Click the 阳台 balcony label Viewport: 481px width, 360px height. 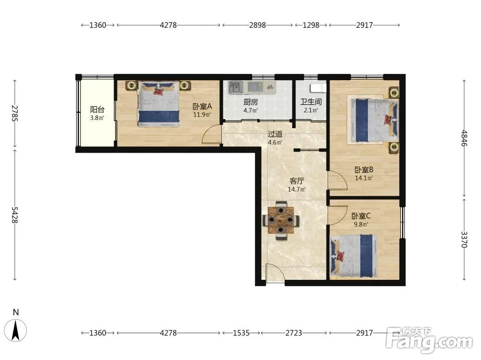[97, 109]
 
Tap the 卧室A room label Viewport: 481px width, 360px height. [202, 106]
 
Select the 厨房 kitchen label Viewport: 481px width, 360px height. [251, 102]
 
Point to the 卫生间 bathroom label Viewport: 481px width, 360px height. [311, 102]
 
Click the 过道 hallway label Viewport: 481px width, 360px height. [275, 134]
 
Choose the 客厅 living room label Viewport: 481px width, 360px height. [297, 181]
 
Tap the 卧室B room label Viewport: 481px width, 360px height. [364, 169]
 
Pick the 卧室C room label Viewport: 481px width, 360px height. [361, 216]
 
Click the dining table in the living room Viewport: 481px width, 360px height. [281, 220]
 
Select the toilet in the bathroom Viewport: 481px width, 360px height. [318, 88]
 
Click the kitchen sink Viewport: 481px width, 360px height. [236, 87]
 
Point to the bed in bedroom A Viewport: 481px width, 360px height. [158, 104]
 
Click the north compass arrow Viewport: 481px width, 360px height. [16, 330]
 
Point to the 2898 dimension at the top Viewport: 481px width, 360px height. [257, 25]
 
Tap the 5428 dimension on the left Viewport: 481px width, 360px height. [15, 215]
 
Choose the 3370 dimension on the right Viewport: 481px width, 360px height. [464, 240]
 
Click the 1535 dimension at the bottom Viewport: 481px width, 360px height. [241, 333]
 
